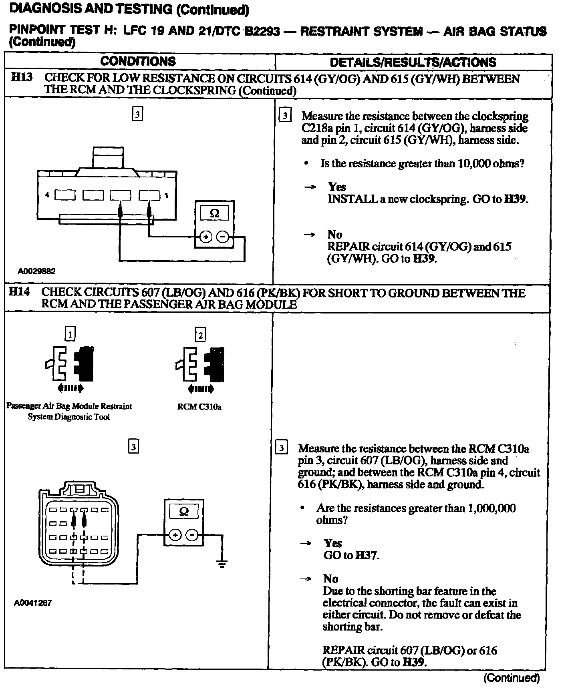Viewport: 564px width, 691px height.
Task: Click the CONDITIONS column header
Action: [x=138, y=61]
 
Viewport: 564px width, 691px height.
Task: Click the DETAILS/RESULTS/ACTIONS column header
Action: [x=413, y=62]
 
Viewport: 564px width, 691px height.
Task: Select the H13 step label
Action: [x=22, y=78]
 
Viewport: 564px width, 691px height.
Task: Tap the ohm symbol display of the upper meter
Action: [x=215, y=213]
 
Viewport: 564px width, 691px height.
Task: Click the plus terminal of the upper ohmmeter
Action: [x=205, y=237]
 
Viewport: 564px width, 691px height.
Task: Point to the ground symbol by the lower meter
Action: [x=221, y=564]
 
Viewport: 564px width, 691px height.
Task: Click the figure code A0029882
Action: [x=36, y=271]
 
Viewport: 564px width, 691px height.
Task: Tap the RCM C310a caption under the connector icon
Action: [x=199, y=407]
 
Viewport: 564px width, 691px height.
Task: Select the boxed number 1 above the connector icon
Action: [x=70, y=334]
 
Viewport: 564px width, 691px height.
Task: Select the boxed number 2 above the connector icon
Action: [x=200, y=334]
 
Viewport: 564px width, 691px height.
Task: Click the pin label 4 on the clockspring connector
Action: [x=48, y=195]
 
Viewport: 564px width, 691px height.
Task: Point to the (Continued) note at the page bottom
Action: [x=512, y=677]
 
